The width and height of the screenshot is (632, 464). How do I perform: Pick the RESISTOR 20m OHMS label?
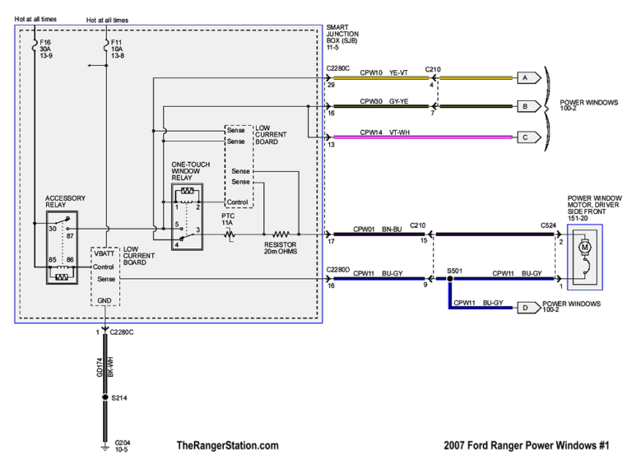tap(281, 247)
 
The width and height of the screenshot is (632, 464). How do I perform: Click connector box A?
tap(523, 77)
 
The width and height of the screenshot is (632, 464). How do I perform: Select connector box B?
tap(523, 105)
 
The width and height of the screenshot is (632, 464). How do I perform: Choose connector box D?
tap(523, 309)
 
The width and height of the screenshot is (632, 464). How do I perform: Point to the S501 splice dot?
tap(450, 280)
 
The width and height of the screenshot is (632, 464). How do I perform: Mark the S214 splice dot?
tap(105, 398)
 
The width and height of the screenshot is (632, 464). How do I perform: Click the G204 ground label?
tap(120, 446)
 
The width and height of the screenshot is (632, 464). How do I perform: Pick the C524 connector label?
tap(548, 225)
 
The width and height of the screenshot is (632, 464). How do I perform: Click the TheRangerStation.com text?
tap(227, 446)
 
